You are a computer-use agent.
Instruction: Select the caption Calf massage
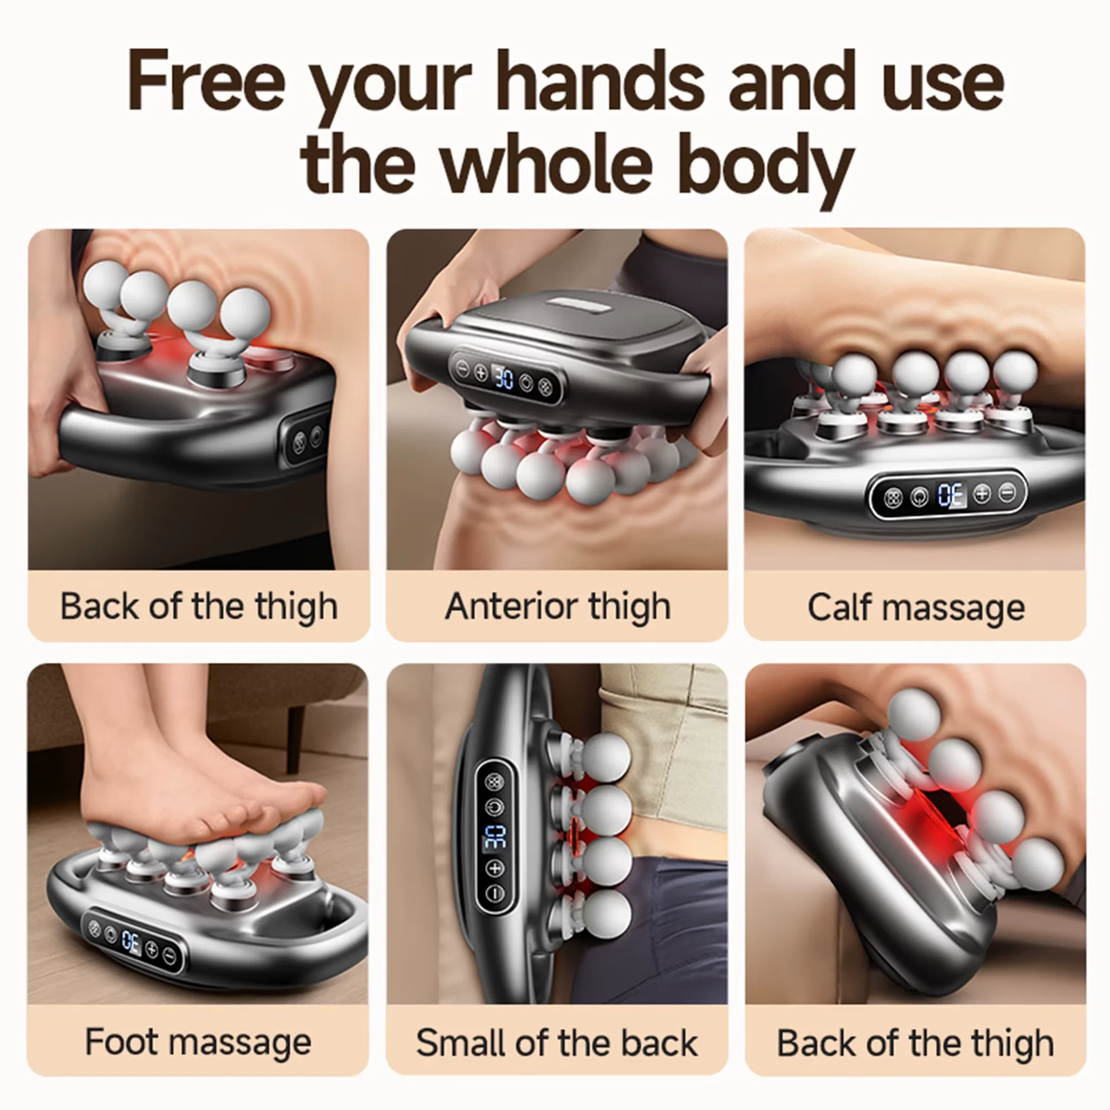click(x=916, y=607)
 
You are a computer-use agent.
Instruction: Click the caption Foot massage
click(x=198, y=1042)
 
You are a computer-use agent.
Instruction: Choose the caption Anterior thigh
click(x=558, y=607)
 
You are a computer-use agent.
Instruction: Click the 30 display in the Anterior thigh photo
click(x=504, y=378)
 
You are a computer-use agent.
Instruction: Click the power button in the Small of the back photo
click(x=495, y=807)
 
